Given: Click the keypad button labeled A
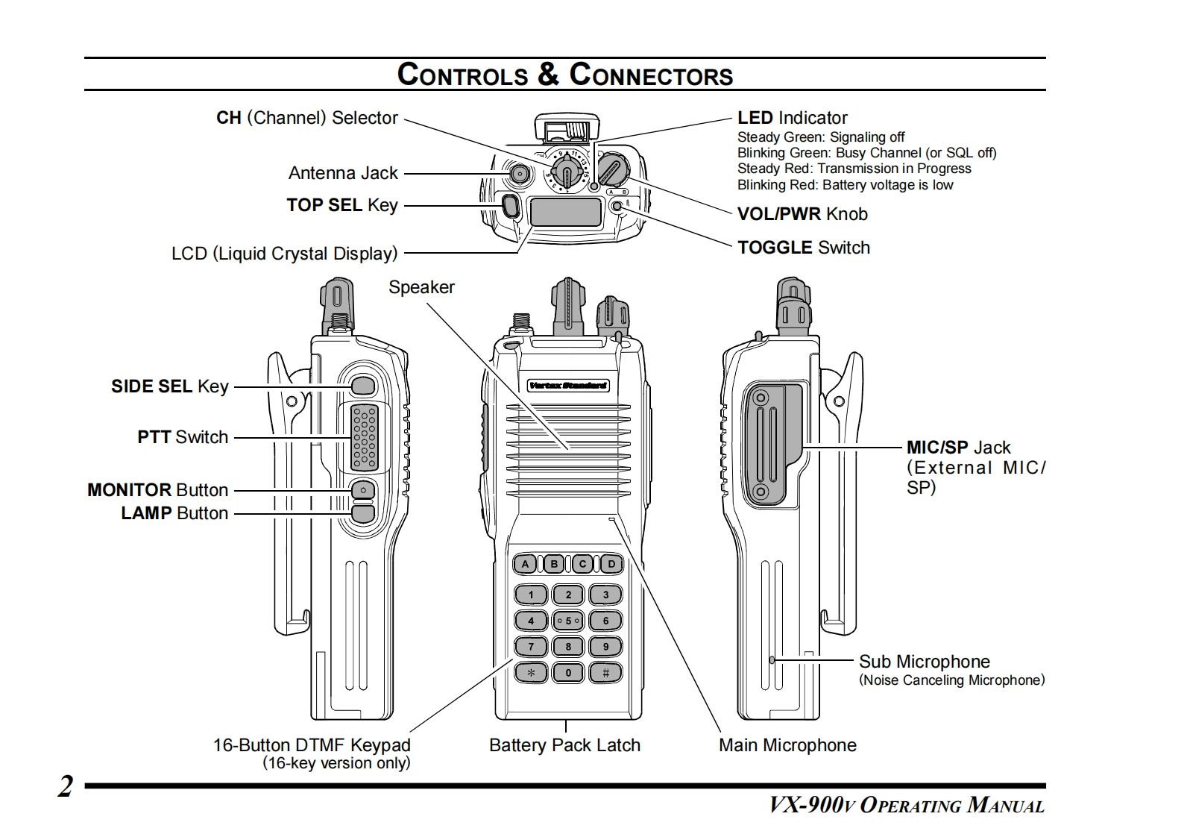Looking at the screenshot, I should [x=526, y=564].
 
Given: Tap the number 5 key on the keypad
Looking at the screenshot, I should [x=568, y=621].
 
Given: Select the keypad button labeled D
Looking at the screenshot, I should [x=611, y=564].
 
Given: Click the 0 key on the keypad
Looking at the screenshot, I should [x=568, y=673].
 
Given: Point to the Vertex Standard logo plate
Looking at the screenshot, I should [x=568, y=386].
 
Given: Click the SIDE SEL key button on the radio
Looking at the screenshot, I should [x=362, y=386].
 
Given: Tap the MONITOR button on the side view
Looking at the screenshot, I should [x=363, y=489].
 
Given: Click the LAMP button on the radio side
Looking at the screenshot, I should [x=363, y=513].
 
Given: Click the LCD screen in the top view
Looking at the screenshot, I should [x=565, y=213].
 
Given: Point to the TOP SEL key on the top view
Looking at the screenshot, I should [x=511, y=205].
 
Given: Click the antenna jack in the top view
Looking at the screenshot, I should [x=519, y=174].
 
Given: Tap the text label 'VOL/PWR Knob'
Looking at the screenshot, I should [x=802, y=214].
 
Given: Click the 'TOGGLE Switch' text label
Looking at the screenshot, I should [x=803, y=248].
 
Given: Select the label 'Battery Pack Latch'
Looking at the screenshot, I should [x=564, y=744].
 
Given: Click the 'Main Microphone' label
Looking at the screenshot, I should [x=787, y=744].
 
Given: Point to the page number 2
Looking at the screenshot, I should [x=66, y=787].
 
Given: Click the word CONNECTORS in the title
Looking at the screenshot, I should [x=651, y=75].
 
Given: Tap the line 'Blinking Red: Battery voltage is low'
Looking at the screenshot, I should [x=845, y=185].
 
